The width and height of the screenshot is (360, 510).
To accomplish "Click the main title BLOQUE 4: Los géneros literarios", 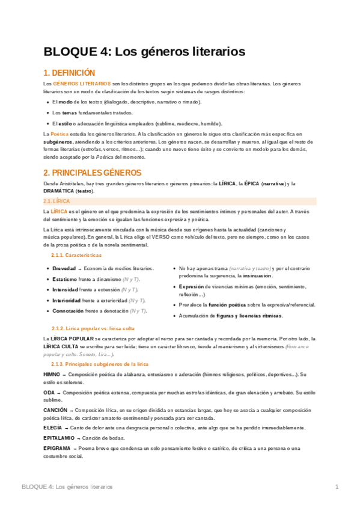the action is pos(144,52).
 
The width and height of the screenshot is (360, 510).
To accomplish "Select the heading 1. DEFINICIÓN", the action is pos(70,72).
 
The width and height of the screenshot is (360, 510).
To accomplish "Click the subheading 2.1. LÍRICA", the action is pos(58,200).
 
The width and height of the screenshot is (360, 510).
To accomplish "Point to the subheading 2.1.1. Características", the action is pos(77,255).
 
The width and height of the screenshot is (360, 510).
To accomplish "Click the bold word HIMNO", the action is pos(52,374).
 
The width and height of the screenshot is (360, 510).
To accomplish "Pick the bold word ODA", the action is pos(49,392).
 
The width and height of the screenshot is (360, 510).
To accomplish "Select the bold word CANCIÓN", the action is pos(55,410).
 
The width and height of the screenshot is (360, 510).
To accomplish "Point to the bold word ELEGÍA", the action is pos(53,428).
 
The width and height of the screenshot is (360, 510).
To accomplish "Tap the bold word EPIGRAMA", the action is pos(57,449).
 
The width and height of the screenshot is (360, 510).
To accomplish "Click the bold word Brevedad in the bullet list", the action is pos(64,268).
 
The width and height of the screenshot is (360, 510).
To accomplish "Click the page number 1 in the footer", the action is pos(337,486).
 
